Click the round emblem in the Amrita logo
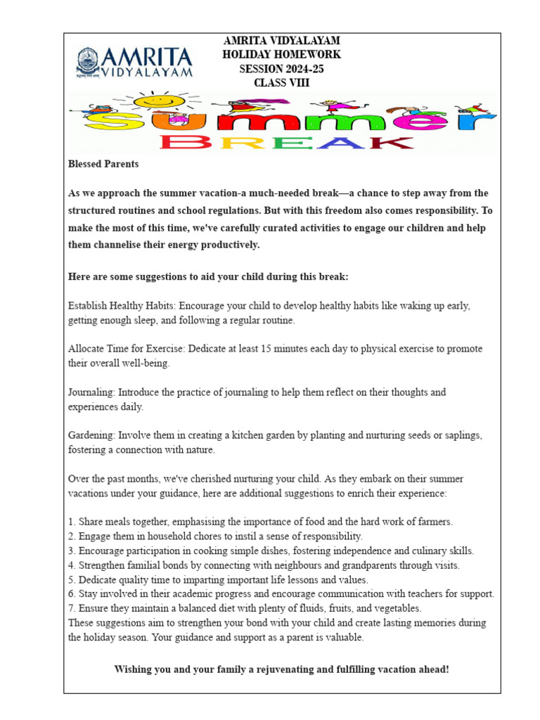tap(89, 62)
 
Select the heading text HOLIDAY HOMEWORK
tap(281, 55)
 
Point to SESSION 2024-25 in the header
tap(281, 69)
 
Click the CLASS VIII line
tap(281, 83)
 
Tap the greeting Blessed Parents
tap(103, 165)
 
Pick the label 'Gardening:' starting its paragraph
tap(91, 436)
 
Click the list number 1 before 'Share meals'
tap(71, 522)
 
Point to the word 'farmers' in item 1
tap(435, 522)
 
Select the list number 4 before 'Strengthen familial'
tap(71, 565)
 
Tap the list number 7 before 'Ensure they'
tap(71, 608)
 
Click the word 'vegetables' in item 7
tap(397, 608)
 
